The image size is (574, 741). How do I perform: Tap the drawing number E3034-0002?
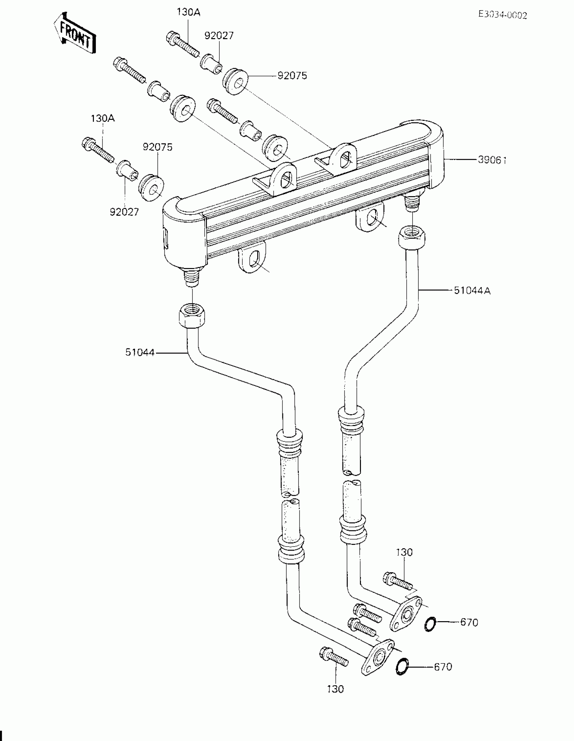[x=503, y=15]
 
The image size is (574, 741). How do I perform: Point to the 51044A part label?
[x=472, y=290]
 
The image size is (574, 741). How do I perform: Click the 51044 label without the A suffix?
[x=140, y=353]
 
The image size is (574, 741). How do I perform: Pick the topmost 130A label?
[x=188, y=12]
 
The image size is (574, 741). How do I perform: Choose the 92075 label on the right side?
[x=292, y=76]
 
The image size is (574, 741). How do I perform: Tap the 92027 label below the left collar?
[x=124, y=212]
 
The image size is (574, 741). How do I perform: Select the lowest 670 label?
[x=443, y=667]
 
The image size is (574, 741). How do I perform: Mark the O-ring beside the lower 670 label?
[x=402, y=667]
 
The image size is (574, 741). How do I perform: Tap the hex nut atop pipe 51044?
[x=192, y=315]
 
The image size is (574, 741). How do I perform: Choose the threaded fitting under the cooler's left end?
[x=192, y=277]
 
